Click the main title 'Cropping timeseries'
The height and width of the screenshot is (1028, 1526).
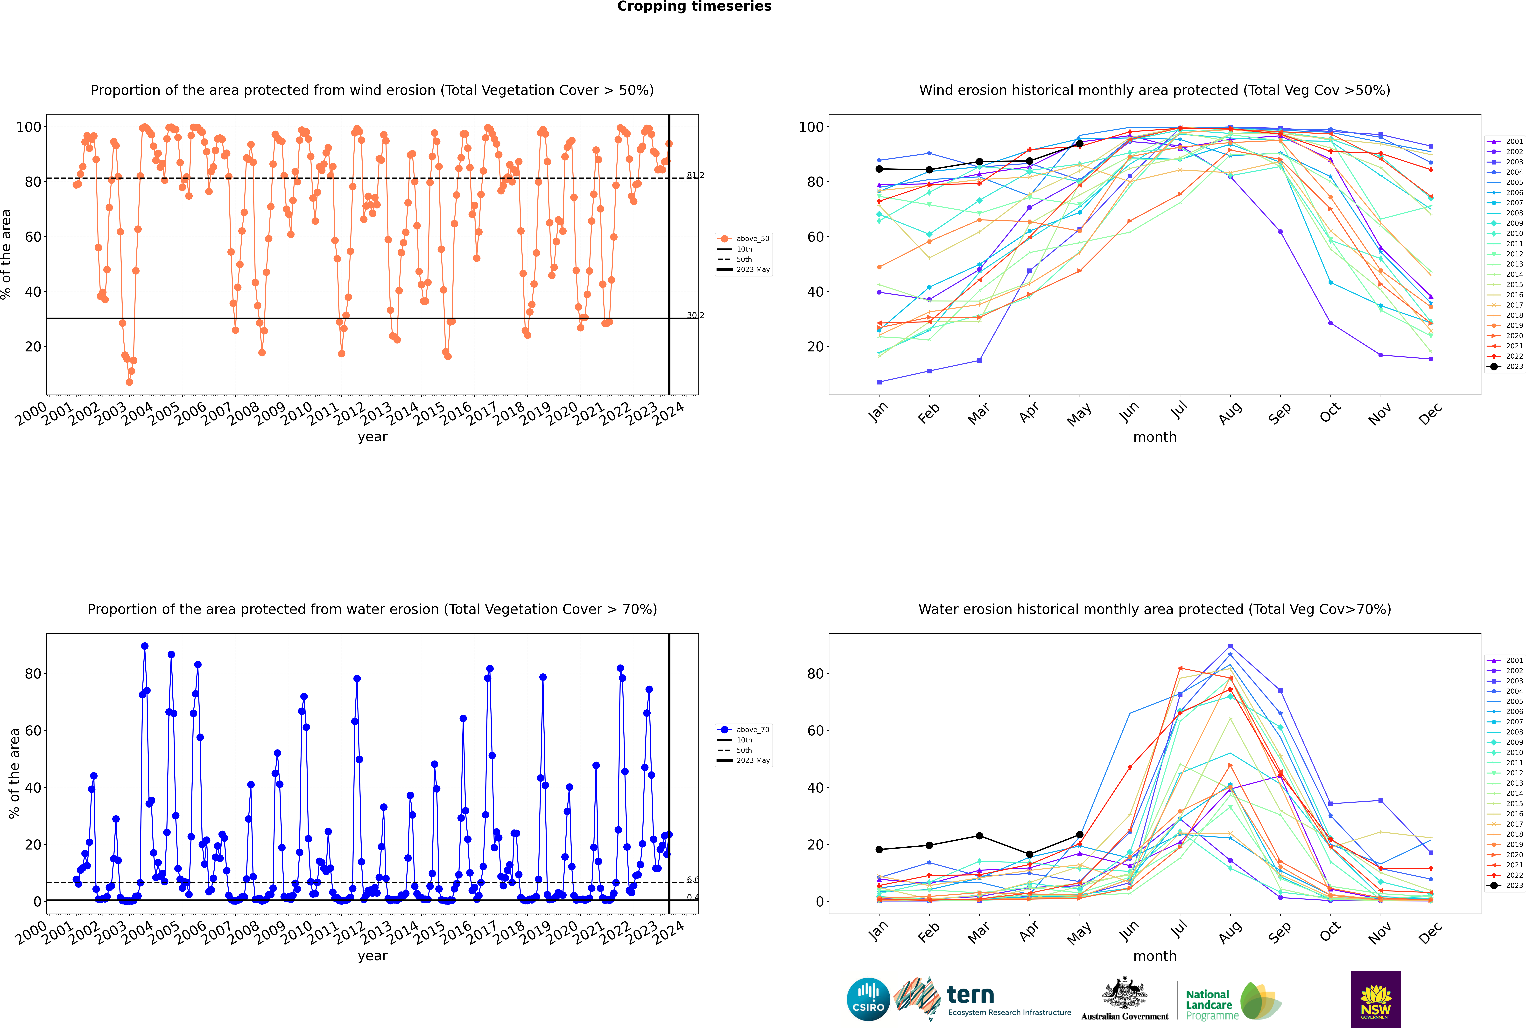694,7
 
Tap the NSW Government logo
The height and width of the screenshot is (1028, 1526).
1376,999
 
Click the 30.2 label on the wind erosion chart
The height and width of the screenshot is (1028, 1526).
695,315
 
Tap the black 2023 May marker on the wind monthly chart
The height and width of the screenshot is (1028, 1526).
1079,144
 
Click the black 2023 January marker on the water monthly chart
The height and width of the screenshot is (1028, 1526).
879,850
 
